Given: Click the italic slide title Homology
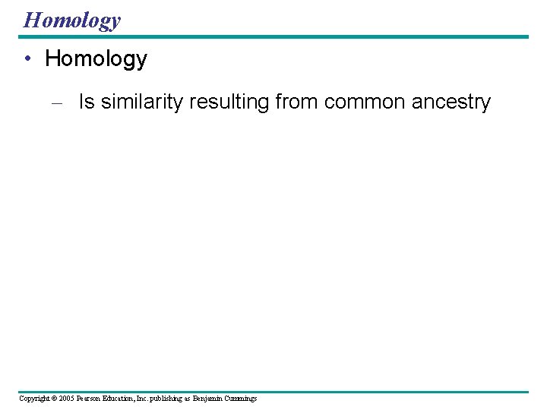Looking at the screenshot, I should pos(71,20).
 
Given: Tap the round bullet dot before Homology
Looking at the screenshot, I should pos(27,59).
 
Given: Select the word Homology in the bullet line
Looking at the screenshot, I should pos(96,59).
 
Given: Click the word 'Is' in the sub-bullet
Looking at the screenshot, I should pos(87,102).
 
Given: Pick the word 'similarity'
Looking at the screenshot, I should pos(142,102).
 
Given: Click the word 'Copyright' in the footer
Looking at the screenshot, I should pos(34,399).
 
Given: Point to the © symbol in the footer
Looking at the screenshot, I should pos(55,399).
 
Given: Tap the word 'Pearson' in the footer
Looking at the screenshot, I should pos(89,399).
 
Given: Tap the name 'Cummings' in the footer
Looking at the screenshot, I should pos(241,399).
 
